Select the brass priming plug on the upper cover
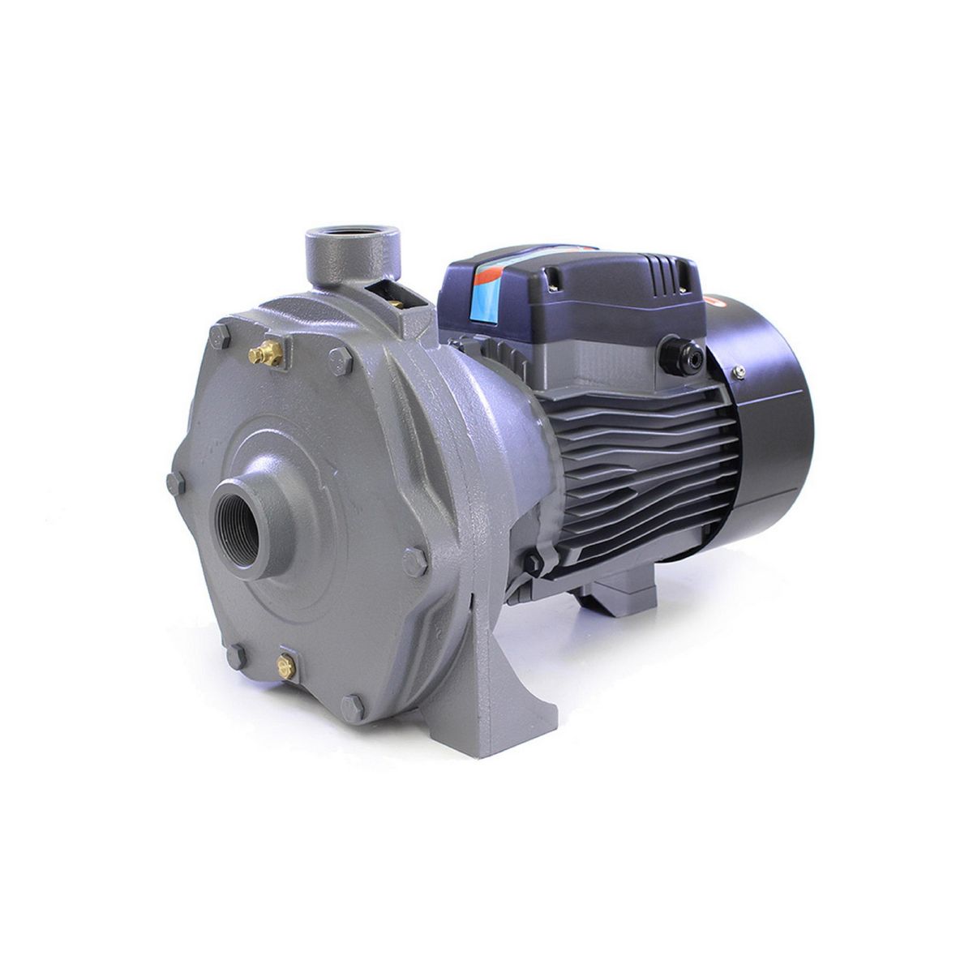point(264,351)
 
